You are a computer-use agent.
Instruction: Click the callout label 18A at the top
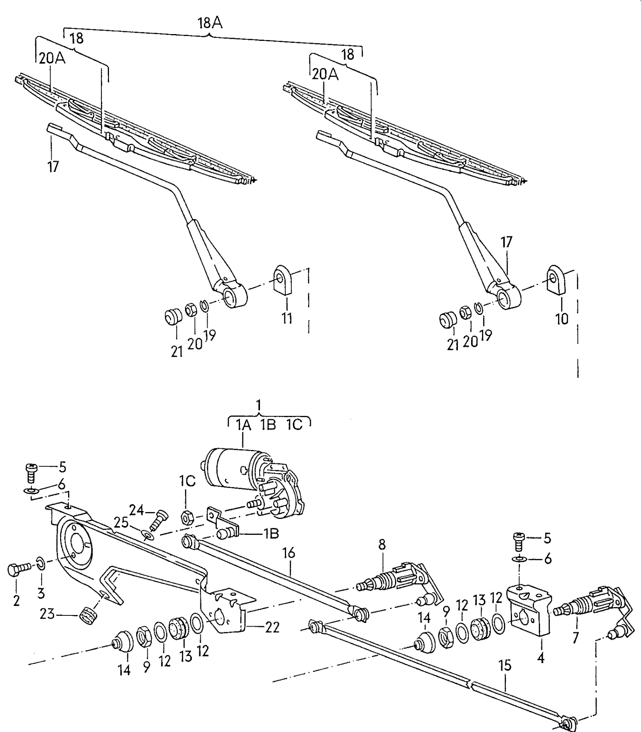tap(210, 23)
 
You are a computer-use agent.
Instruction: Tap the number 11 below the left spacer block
tap(286, 319)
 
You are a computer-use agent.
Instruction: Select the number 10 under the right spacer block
tap(562, 319)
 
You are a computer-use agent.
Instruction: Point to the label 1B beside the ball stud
tap(271, 534)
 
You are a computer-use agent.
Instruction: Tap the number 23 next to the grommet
tap(47, 613)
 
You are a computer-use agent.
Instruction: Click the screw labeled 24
tap(159, 519)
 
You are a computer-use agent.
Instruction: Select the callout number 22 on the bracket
tap(272, 627)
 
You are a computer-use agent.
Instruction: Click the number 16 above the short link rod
tap(288, 553)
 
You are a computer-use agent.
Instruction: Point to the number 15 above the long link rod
tap(505, 665)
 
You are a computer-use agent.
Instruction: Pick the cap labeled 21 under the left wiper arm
tap(173, 317)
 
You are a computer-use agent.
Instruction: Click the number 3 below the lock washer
tap(41, 593)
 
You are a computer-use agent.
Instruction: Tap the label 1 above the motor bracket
tap(259, 405)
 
